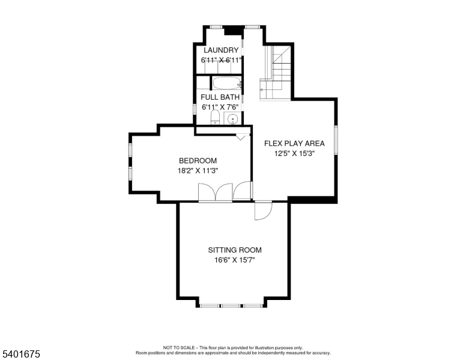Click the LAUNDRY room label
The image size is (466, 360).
click(221, 50)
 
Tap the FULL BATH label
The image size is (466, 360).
click(220, 97)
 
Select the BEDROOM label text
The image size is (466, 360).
click(198, 160)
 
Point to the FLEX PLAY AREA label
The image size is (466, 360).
click(294, 143)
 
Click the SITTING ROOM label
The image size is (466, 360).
click(235, 250)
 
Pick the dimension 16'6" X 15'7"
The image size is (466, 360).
click(235, 260)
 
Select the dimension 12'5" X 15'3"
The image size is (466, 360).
click(294, 154)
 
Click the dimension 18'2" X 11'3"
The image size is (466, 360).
click(198, 170)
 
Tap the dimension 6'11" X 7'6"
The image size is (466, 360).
click(220, 107)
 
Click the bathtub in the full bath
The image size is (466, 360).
click(226, 83)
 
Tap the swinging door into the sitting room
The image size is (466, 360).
click(263, 211)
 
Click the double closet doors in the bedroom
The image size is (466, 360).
click(215, 192)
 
